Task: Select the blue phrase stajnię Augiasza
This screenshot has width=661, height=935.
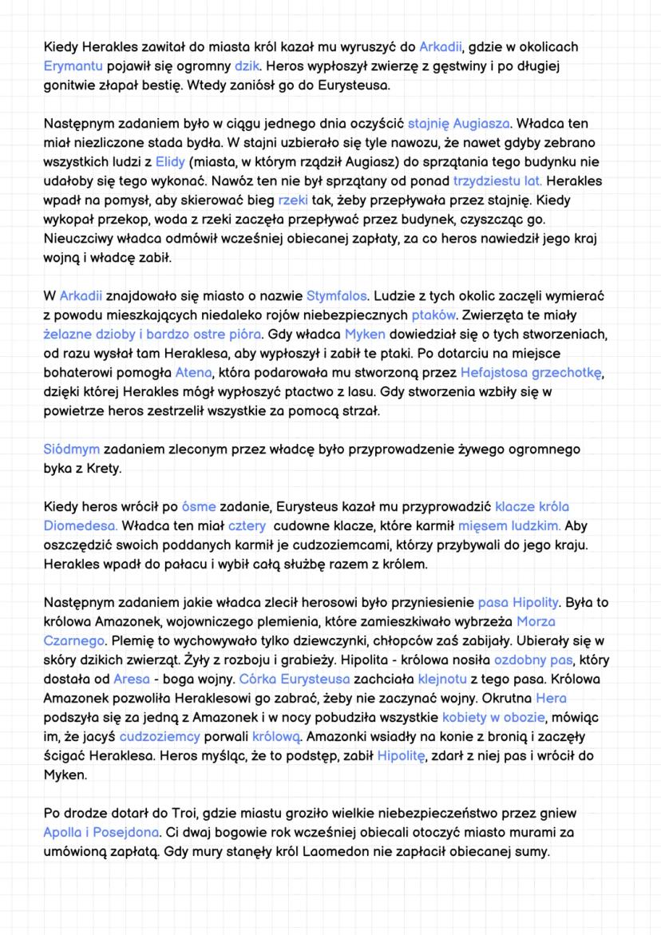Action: (x=459, y=124)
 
